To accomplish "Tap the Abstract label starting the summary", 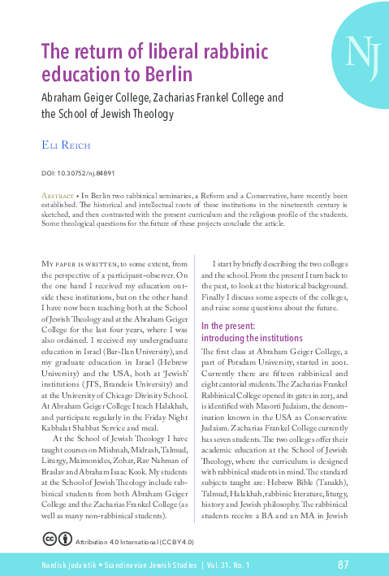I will [x=58, y=197].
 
